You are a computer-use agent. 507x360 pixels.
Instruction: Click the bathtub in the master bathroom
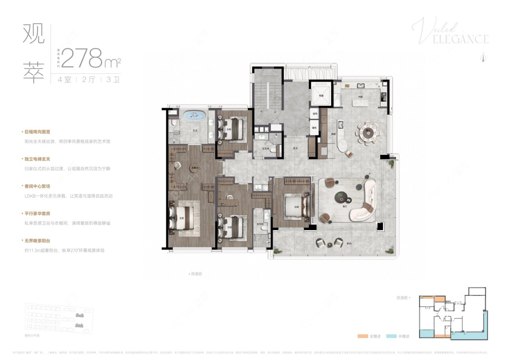click(x=194, y=116)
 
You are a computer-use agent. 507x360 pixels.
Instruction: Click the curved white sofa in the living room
click(x=366, y=200)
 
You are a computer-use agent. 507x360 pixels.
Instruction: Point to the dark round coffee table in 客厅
click(x=340, y=196)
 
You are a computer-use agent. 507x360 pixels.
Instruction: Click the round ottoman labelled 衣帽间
click(x=194, y=167)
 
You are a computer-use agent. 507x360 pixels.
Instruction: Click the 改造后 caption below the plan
click(x=195, y=274)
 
